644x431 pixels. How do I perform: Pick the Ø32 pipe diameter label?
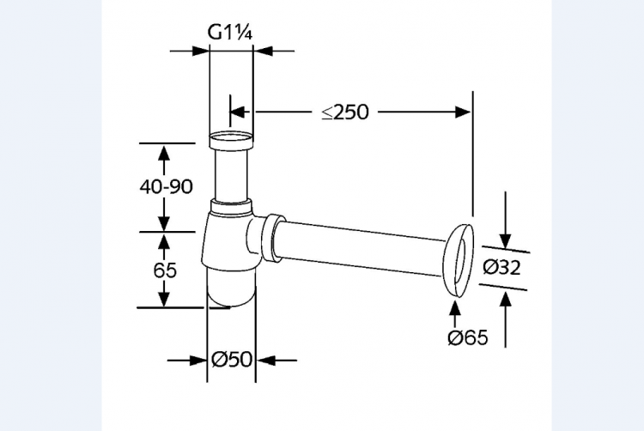[x=501, y=267]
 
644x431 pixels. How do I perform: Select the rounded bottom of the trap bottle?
[x=231, y=292]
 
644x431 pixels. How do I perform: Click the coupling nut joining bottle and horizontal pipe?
[x=273, y=238]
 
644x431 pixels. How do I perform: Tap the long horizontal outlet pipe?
[x=361, y=246]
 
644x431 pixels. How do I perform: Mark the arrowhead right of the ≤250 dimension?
[x=464, y=111]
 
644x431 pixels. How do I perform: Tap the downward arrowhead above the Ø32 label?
[x=506, y=241]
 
